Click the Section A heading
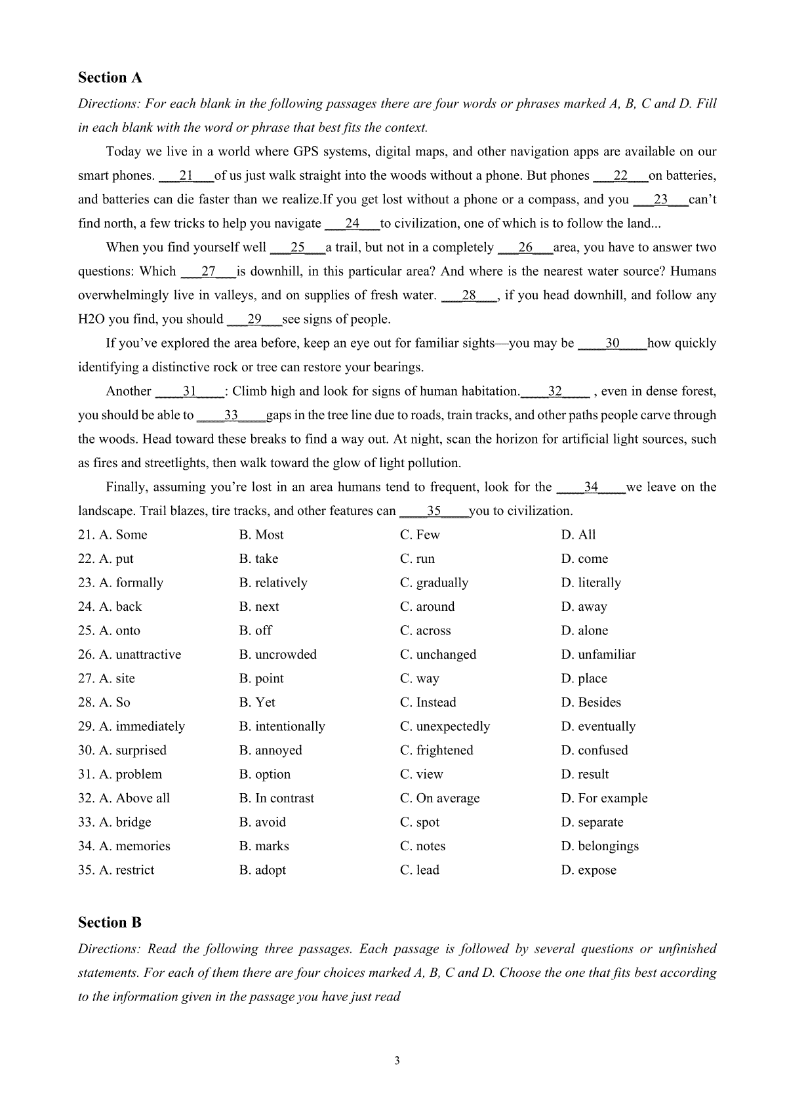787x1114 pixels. [x=110, y=78]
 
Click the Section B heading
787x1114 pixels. [x=110, y=923]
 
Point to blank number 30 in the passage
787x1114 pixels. [x=612, y=343]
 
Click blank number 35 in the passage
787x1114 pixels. [x=434, y=511]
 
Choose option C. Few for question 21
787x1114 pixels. [x=420, y=535]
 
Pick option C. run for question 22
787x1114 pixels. [x=417, y=559]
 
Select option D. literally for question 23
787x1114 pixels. [x=590, y=583]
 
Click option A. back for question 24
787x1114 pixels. [x=120, y=607]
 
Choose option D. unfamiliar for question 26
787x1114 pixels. [x=598, y=655]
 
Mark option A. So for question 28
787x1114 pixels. [x=114, y=703]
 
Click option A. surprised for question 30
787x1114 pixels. [x=132, y=751]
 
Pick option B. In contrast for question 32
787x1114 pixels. [x=276, y=798]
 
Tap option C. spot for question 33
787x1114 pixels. [x=420, y=823]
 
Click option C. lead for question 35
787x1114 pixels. [x=420, y=871]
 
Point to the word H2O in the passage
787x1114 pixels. [x=91, y=320]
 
